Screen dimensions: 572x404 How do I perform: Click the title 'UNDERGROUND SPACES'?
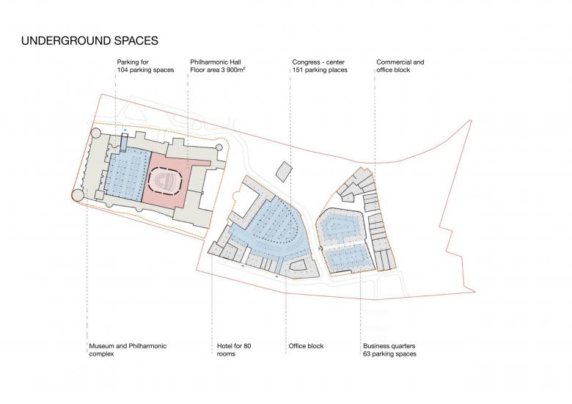(x=89, y=40)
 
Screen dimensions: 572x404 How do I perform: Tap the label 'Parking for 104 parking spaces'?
(x=145, y=66)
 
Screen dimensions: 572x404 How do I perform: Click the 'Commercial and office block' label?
(x=400, y=66)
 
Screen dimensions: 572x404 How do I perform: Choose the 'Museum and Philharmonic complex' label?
(x=128, y=350)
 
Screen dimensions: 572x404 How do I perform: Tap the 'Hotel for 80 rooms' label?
(x=234, y=350)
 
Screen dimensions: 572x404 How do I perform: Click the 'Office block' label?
(x=306, y=346)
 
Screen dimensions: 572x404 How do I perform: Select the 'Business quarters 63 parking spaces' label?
(x=389, y=350)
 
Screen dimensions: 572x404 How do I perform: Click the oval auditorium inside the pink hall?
(x=164, y=179)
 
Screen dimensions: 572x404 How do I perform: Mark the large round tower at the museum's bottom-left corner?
(x=77, y=195)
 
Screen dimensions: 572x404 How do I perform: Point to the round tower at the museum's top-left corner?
(x=95, y=133)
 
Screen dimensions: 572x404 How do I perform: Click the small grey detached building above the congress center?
(x=284, y=172)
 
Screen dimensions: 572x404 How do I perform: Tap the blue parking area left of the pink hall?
(x=128, y=176)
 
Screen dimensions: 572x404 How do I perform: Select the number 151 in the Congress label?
(x=298, y=70)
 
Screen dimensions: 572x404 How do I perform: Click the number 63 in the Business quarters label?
(x=367, y=353)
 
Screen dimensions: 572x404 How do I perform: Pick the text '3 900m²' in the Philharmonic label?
(x=233, y=70)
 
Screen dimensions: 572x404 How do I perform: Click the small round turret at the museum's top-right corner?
(x=219, y=147)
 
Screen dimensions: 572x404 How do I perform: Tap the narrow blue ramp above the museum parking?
(x=125, y=142)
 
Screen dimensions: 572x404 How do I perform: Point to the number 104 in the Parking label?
(x=122, y=70)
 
